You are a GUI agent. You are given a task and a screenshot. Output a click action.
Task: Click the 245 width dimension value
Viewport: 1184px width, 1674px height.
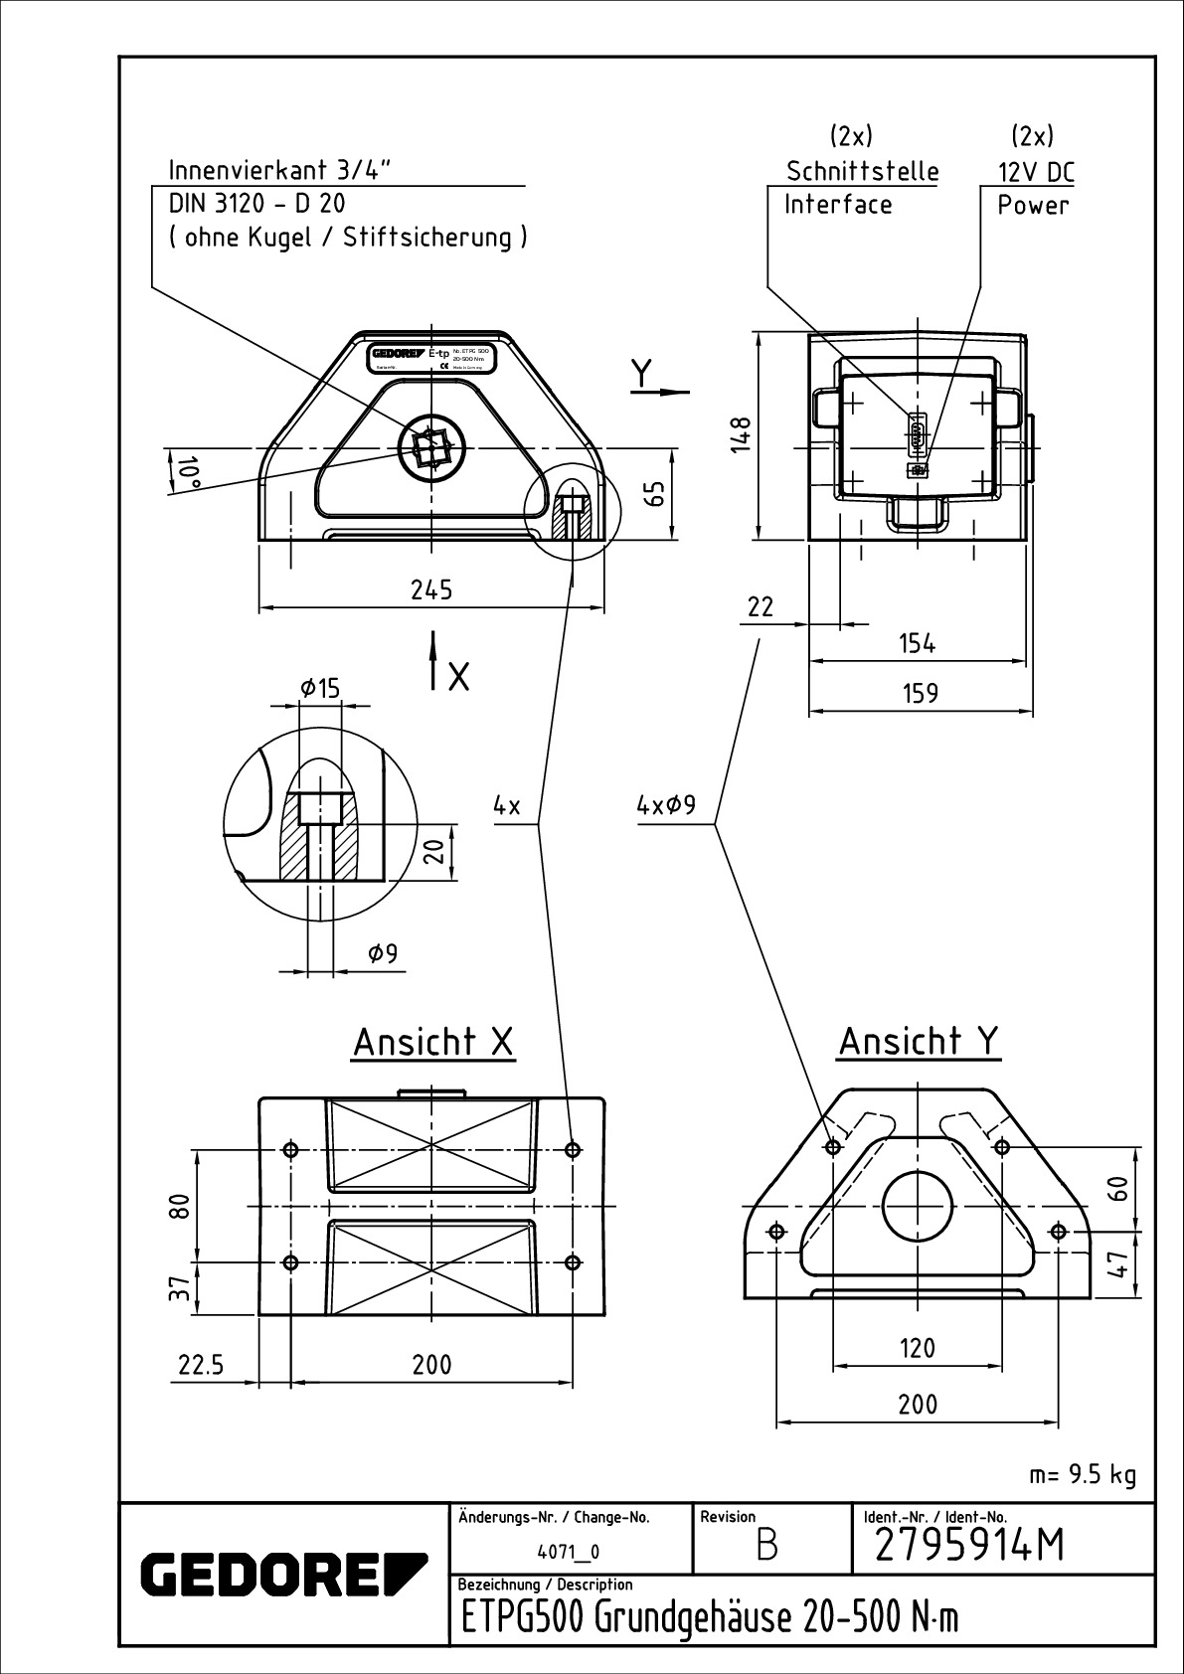(431, 589)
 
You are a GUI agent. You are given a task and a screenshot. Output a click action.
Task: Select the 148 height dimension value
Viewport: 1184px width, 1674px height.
(741, 434)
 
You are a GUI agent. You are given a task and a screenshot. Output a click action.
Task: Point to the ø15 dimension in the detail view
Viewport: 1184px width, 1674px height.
(319, 687)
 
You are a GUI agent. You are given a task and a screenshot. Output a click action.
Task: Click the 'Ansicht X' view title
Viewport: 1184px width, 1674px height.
(433, 1043)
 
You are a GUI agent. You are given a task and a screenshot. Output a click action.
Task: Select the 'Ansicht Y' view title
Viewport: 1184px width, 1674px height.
(919, 1042)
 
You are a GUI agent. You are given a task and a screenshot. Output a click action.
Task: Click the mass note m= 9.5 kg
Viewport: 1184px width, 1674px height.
(1083, 1474)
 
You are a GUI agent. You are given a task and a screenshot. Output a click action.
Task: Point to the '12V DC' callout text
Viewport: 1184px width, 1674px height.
(1036, 173)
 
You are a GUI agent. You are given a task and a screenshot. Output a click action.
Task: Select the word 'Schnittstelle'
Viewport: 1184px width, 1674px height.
(862, 171)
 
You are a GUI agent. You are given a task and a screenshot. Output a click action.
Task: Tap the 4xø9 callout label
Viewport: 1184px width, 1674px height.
(665, 806)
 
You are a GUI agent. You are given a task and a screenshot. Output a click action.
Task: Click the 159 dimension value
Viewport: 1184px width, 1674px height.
(921, 692)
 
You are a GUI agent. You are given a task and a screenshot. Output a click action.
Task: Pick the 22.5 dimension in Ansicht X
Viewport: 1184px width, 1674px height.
(201, 1365)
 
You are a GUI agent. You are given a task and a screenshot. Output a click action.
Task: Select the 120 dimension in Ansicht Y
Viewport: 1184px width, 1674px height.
(917, 1348)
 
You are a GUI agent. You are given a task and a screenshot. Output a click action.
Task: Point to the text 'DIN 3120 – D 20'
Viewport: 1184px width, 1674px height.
(256, 204)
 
